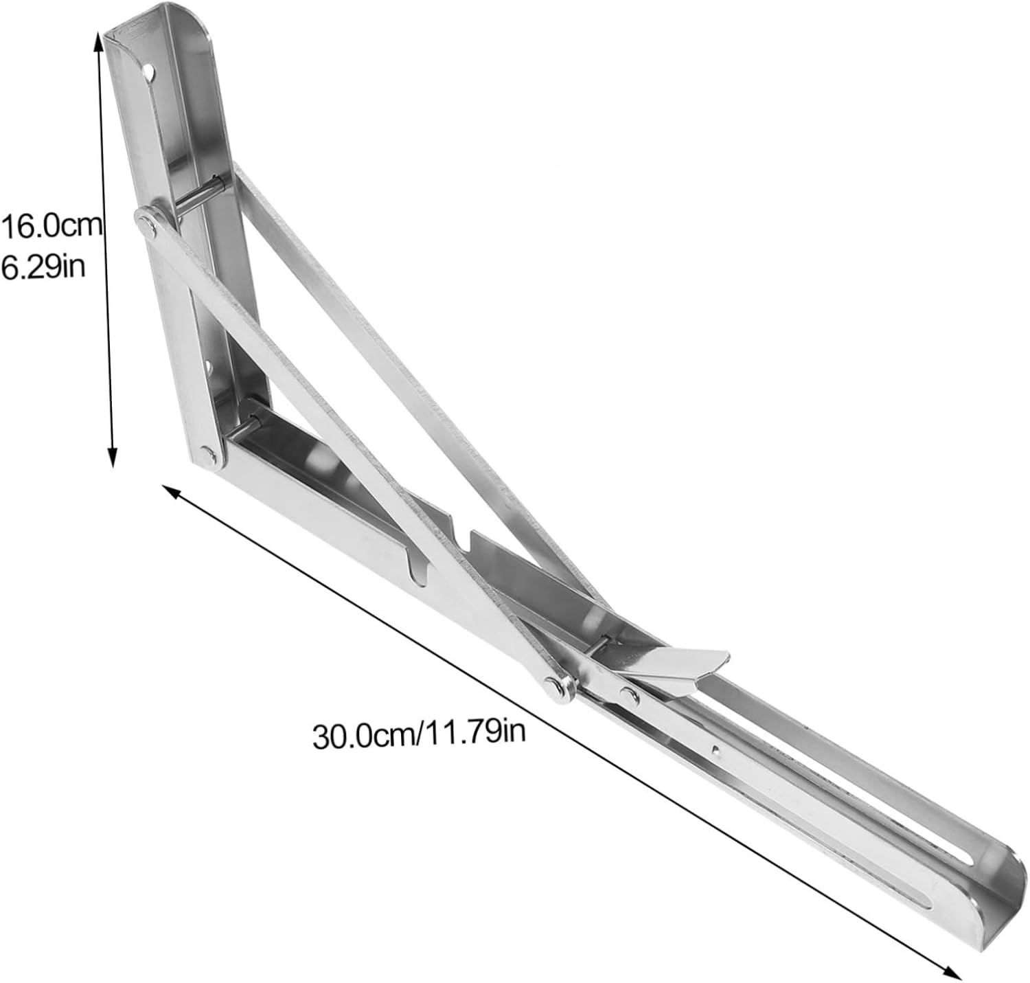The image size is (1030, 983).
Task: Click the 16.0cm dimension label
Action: [x=51, y=227]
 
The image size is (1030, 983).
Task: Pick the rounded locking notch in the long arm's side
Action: [x=418, y=570]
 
